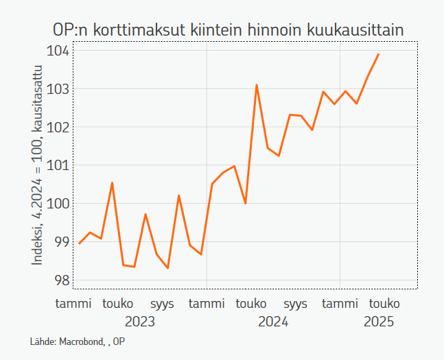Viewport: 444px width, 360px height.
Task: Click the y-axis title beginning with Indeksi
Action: click(38, 165)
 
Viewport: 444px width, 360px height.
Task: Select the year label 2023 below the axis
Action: click(140, 322)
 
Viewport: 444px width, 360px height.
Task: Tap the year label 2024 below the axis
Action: click(273, 322)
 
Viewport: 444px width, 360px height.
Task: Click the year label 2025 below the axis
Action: click(379, 322)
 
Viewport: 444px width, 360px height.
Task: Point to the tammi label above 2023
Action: click(73, 304)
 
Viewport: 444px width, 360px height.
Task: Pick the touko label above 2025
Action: click(384, 304)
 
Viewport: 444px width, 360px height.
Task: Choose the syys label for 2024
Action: click(296, 304)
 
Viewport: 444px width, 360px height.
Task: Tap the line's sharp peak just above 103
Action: click(257, 85)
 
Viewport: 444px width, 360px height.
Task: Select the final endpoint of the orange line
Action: click(379, 54)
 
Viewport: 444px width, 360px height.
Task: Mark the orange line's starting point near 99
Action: click(80, 243)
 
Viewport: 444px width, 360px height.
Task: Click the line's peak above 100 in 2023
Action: click(112, 183)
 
